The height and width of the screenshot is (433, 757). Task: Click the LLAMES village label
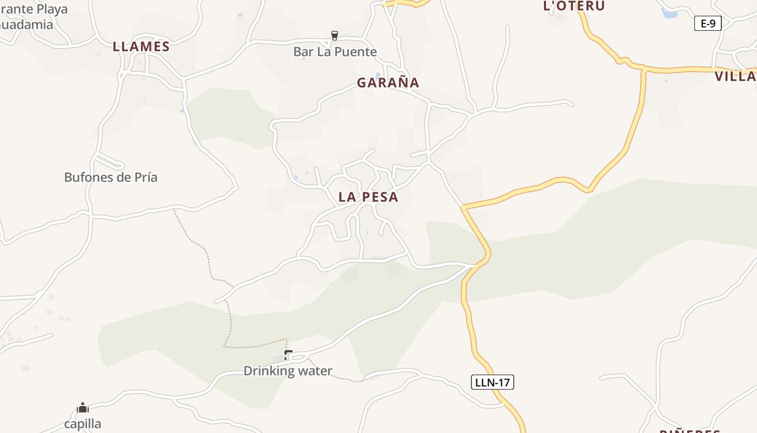[141, 47]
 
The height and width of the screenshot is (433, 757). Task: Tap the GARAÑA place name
[388, 83]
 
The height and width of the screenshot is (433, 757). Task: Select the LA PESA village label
[368, 198]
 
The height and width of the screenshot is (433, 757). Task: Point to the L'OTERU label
[574, 6]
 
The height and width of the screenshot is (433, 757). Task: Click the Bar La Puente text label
[335, 52]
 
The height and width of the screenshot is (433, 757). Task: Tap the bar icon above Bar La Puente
[335, 36]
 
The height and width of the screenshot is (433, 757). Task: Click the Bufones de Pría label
[111, 178]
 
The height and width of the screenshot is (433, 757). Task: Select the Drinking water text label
[288, 371]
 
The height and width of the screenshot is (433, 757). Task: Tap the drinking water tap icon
[288, 355]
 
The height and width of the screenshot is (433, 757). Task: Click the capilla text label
[83, 424]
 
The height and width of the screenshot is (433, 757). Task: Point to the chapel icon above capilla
[83, 408]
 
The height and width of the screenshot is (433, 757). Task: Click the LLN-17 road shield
[492, 383]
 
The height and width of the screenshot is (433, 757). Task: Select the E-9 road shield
[708, 23]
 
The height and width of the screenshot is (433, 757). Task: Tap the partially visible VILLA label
[735, 77]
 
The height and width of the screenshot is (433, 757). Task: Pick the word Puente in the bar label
[356, 52]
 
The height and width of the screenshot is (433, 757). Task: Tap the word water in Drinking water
[313, 371]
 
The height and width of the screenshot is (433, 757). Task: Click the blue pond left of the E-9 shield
[669, 14]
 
